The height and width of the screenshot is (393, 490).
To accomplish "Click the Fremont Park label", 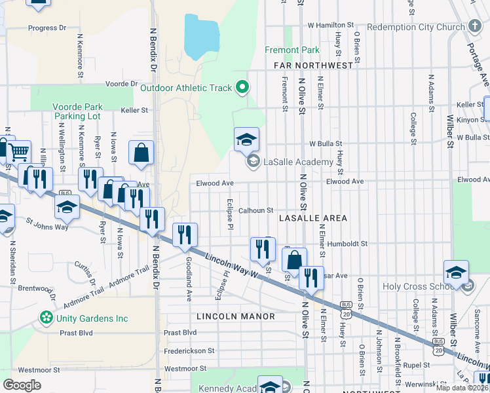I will [x=292, y=50].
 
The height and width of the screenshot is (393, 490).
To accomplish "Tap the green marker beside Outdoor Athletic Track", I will [x=242, y=86].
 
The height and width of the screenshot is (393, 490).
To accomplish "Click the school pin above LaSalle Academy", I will [x=247, y=140].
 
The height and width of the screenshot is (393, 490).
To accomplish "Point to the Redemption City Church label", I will [x=415, y=27].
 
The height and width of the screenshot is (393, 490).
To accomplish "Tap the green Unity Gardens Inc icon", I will [x=47, y=318].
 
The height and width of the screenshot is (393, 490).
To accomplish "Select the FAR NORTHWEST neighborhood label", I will [x=310, y=65].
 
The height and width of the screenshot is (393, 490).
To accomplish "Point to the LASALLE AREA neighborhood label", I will [x=312, y=217].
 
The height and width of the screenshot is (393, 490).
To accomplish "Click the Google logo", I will [x=21, y=385].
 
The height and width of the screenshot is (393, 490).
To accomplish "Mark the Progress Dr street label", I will [x=47, y=28].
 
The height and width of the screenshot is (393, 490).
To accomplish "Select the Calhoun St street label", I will [x=255, y=210].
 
